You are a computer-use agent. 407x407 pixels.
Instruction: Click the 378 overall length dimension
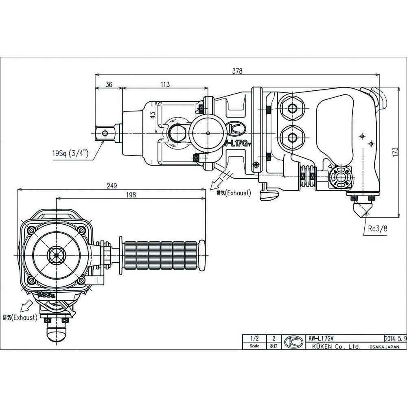pos(237,71)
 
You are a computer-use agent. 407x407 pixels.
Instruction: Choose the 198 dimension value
pos(131,195)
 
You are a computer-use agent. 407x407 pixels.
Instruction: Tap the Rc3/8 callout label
pos(378,229)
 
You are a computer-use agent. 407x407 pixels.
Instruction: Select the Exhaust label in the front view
pos(20,317)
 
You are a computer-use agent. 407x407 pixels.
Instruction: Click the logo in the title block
pos(293,342)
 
